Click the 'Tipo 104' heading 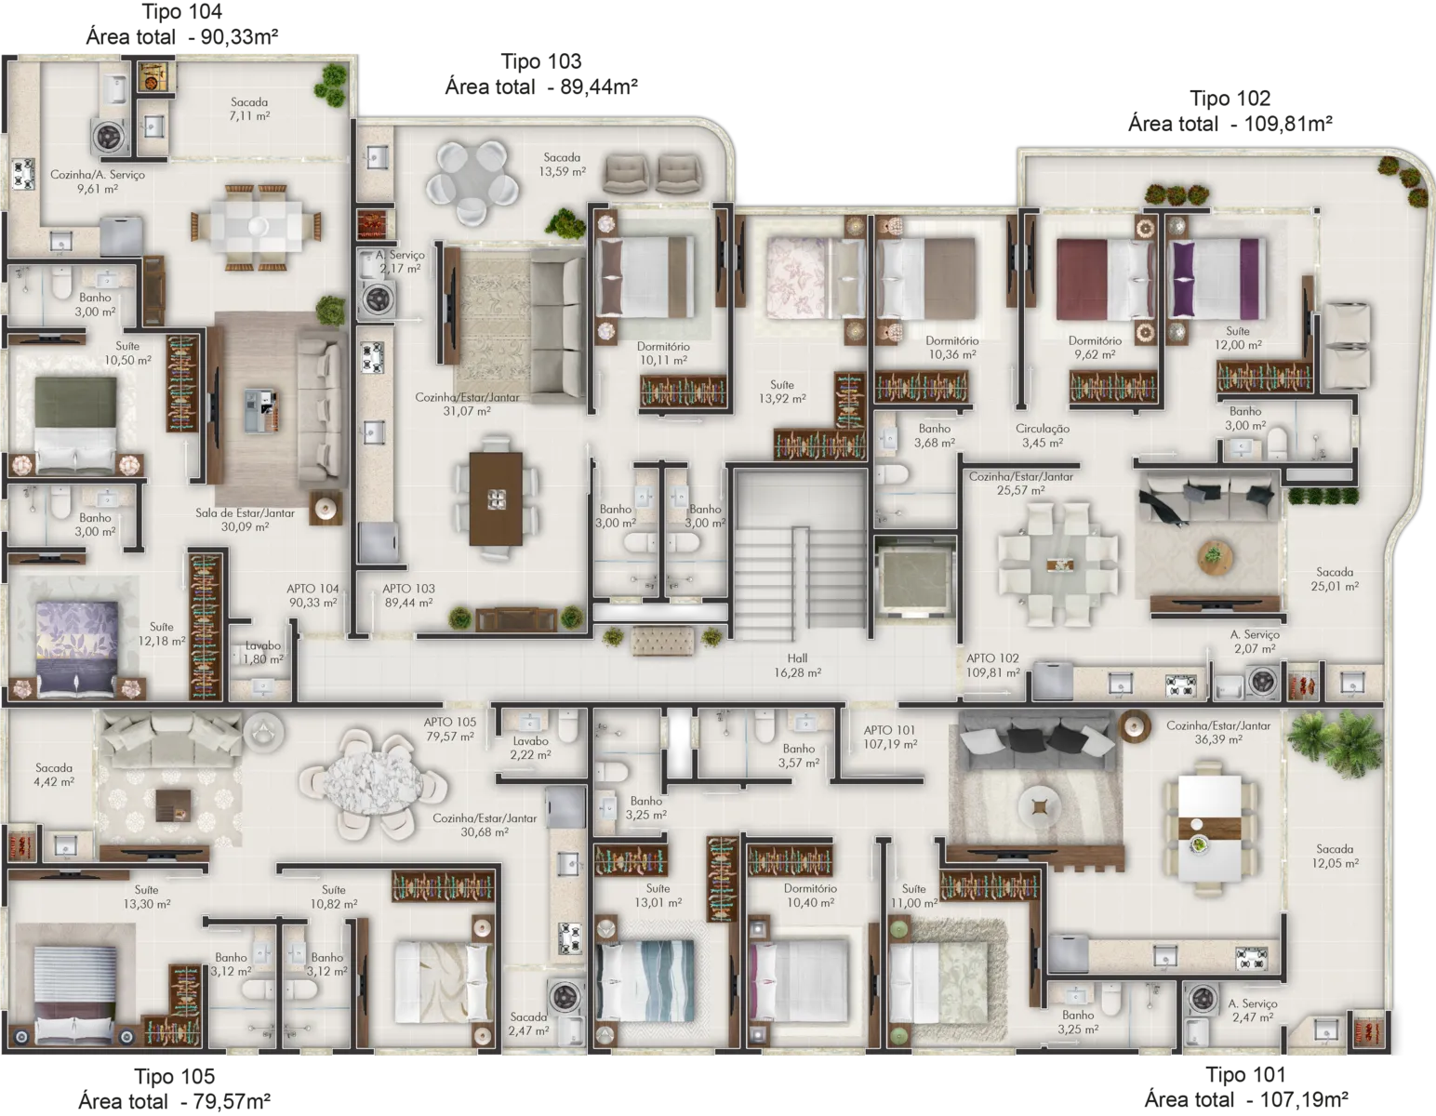coord(181,12)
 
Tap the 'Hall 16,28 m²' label coord(798,665)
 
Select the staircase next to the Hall coord(801,554)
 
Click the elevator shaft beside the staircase coord(916,576)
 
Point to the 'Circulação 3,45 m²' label coord(1043,435)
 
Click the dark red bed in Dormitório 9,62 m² coord(1105,280)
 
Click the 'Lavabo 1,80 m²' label coord(263,652)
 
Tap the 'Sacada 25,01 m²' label coord(1335,578)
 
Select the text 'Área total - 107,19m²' coord(1245,1099)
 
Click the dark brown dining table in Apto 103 coord(496,498)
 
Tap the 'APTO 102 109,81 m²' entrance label coord(992,665)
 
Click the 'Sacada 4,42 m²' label coord(54,775)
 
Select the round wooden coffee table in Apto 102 coord(1213,556)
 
